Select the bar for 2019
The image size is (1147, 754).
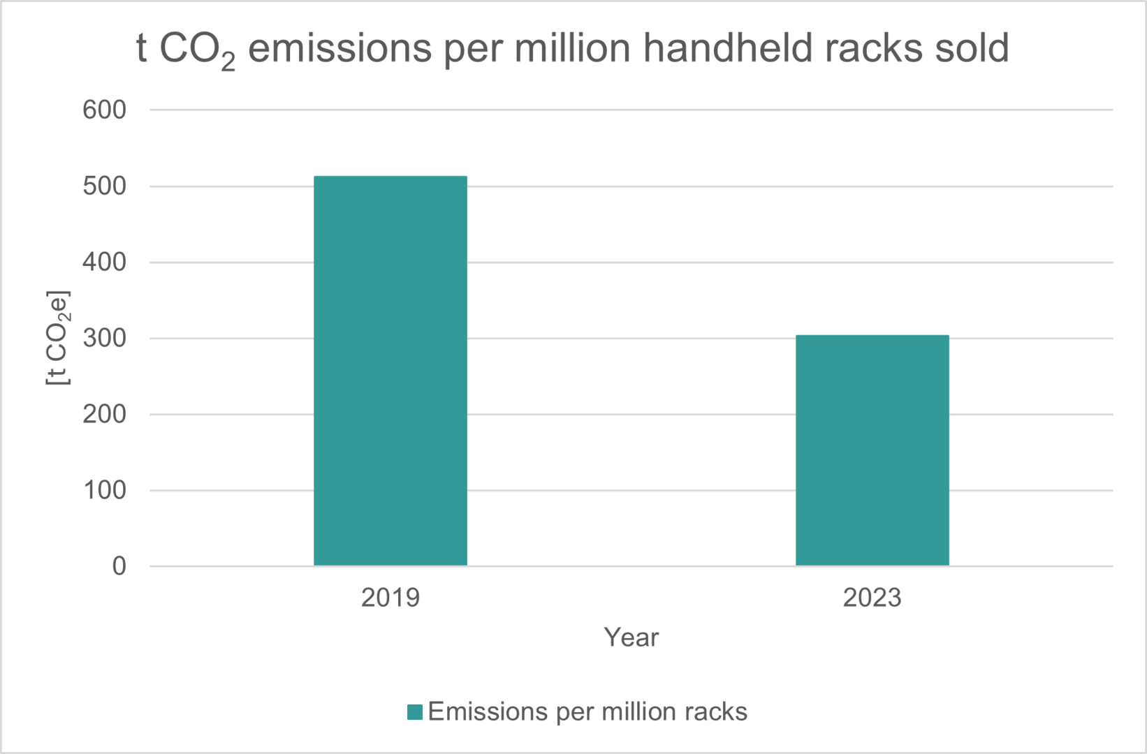(390, 371)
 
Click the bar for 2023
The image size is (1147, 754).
(872, 450)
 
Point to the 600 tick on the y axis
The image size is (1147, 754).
(104, 110)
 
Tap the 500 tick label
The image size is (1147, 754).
(104, 186)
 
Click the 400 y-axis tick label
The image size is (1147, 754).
(104, 263)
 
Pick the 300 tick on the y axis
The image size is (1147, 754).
(104, 339)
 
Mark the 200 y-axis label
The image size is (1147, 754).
(104, 415)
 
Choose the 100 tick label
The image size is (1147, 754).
(104, 491)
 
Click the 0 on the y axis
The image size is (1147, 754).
(119, 566)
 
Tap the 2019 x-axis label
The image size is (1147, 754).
(390, 598)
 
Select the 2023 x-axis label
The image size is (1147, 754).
(872, 598)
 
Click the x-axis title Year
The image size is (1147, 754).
(631, 637)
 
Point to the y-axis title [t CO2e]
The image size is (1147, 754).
(58, 338)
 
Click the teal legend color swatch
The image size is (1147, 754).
(415, 712)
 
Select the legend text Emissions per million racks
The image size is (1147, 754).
(587, 712)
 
